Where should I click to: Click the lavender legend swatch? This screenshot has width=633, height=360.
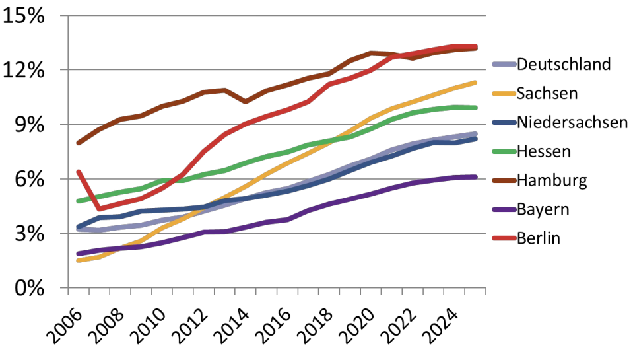click(x=504, y=65)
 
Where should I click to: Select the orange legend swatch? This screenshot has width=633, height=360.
click(x=504, y=94)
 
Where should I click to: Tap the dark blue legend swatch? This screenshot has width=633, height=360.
click(x=504, y=123)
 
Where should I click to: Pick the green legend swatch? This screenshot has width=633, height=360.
click(x=504, y=152)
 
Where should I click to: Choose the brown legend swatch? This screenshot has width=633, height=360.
click(x=504, y=181)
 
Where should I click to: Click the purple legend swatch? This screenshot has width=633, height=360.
click(x=504, y=210)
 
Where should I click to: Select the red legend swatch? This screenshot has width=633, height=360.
click(x=504, y=238)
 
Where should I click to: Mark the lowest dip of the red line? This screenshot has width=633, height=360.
click(x=99, y=209)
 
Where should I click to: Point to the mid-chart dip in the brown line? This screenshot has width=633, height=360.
click(x=246, y=102)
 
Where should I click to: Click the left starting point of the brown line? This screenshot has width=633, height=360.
click(x=79, y=143)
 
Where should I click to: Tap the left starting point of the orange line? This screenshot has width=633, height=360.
click(x=79, y=260)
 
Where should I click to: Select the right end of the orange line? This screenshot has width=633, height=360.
click(x=475, y=83)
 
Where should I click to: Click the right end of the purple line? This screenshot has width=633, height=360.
click(x=475, y=177)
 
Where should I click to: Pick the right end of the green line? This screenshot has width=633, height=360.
click(x=475, y=108)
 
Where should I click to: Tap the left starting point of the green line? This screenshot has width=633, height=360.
click(x=79, y=201)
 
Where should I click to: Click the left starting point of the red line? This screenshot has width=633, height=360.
click(x=79, y=172)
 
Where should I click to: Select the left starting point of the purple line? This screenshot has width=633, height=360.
click(x=79, y=254)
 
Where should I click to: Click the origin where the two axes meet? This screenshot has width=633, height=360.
click(x=68, y=288)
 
